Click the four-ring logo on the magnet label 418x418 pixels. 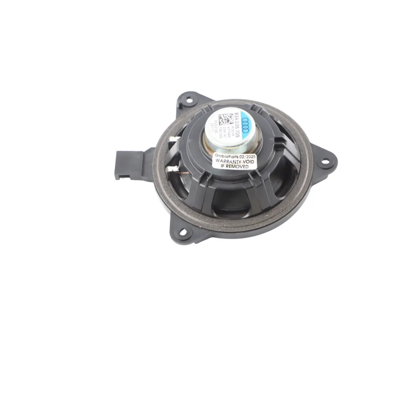tap(245, 123)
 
